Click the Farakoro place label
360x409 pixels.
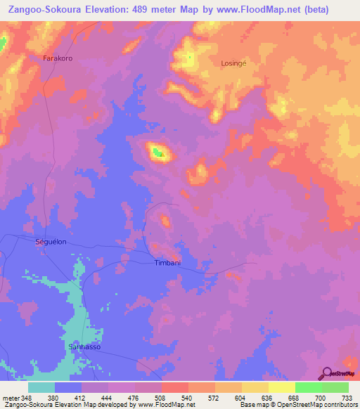click(58, 57)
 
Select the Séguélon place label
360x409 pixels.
click(51, 241)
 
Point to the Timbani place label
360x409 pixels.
click(168, 263)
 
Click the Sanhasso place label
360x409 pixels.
click(84, 346)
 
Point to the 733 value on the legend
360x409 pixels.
click(345, 396)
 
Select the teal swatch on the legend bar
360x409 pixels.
click(41, 387)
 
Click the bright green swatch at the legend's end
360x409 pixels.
click(335, 387)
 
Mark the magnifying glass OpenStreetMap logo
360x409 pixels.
click(328, 373)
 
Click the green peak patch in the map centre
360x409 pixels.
click(158, 150)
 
